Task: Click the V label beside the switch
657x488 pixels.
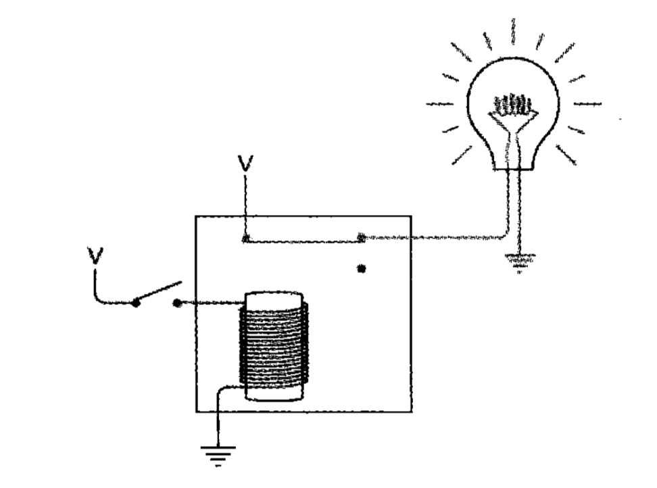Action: point(95,255)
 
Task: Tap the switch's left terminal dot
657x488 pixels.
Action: point(135,303)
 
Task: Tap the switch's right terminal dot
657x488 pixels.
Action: point(177,303)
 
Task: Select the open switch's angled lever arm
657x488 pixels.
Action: point(158,292)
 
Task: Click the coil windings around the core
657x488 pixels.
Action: point(274,345)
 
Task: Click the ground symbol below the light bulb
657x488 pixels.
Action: point(519,261)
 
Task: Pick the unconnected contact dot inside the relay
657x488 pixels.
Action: point(362,269)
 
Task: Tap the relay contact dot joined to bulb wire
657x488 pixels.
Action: point(362,238)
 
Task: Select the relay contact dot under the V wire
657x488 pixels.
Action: point(246,239)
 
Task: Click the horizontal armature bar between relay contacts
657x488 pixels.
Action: point(304,239)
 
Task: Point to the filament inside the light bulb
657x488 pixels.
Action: point(514,106)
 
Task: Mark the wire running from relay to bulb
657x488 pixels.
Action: point(439,238)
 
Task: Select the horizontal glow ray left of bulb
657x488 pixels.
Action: point(440,104)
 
